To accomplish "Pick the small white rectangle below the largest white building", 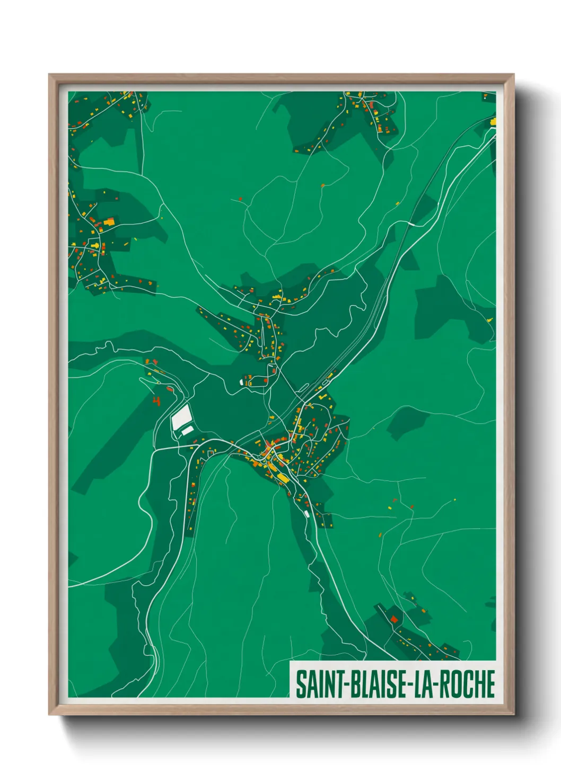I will [x=187, y=431].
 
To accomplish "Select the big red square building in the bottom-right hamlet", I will [x=394, y=618].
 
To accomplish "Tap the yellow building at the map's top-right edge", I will [x=493, y=121].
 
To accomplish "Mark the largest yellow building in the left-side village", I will [x=110, y=221].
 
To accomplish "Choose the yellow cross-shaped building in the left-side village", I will [x=95, y=245].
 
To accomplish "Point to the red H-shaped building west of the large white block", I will [x=156, y=400].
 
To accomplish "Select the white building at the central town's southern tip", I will [x=306, y=514].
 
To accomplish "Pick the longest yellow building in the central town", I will [x=283, y=478].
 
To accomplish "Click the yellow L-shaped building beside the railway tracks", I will [x=321, y=395].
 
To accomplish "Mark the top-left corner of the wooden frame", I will [x=49, y=75].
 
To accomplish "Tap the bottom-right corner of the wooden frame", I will [x=513, y=714].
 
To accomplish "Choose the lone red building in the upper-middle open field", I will [x=240, y=199].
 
